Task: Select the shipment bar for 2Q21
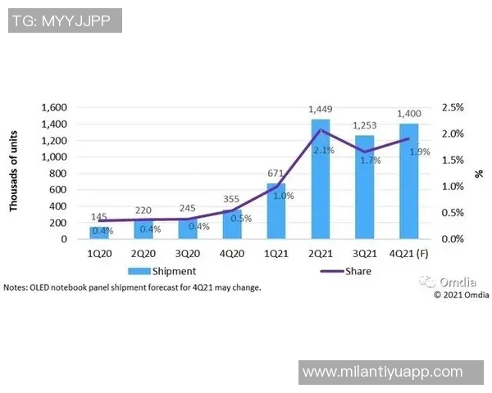pos(320,180)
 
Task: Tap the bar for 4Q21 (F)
pos(408,182)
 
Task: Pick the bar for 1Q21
pos(276,211)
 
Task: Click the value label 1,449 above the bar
pos(320,109)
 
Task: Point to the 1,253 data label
pos(364,125)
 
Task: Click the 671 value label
pos(276,174)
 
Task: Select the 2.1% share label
pos(322,150)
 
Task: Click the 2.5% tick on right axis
pos(453,107)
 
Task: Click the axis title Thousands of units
pos(14,174)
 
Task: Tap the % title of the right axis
pos(481,174)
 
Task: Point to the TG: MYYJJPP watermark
pos(65,20)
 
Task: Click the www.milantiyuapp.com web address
pos(382,372)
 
